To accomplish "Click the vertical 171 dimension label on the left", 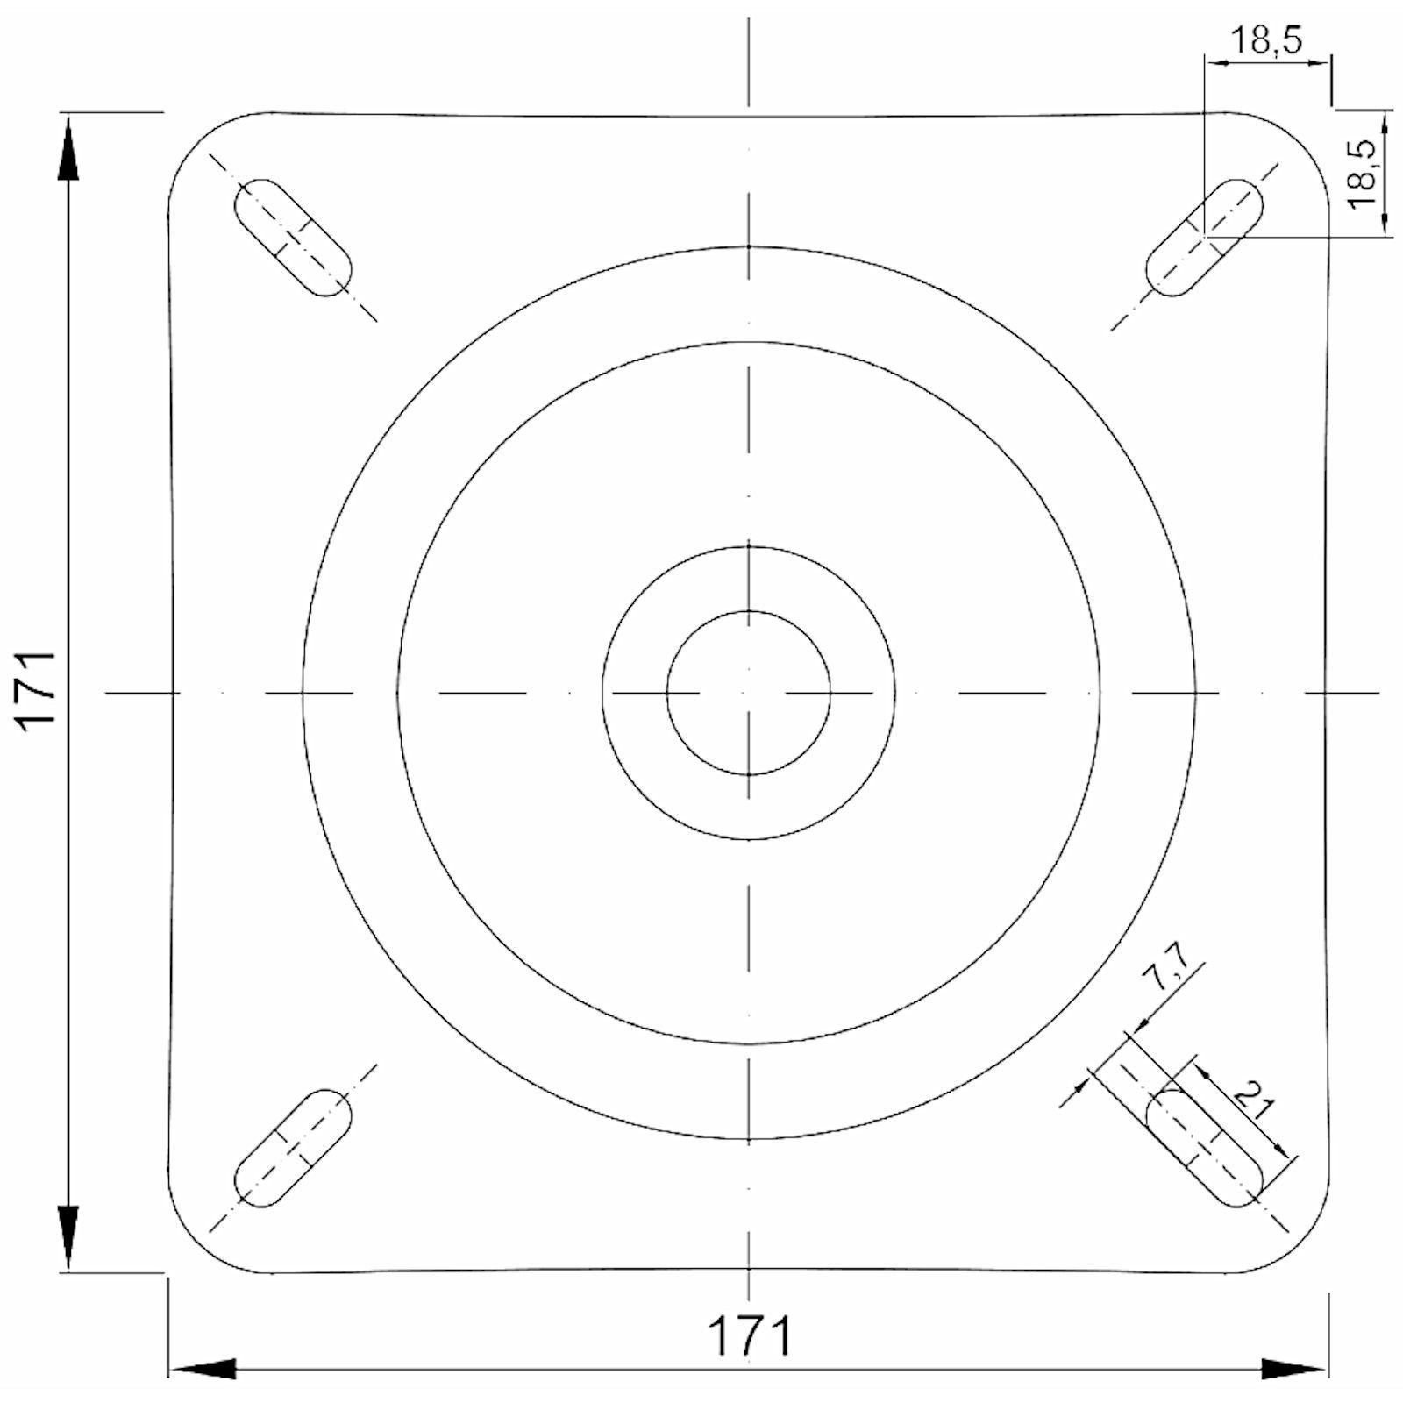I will pos(39,693).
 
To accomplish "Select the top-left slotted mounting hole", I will pos(292,237).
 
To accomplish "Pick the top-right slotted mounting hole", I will pos(1206,237).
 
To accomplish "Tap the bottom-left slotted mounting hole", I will pos(292,1149).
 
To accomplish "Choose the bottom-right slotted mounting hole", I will pos(1206,1149).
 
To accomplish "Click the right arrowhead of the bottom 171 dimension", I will pos(1293,1369).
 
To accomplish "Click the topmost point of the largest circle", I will pos(749,247).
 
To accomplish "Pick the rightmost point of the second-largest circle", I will pos(1100,693).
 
